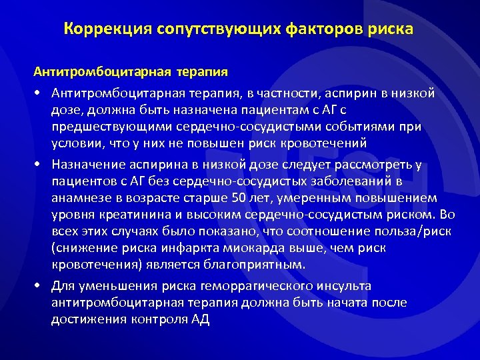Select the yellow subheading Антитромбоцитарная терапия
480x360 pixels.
coord(131,71)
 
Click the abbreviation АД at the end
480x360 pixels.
coord(200,319)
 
